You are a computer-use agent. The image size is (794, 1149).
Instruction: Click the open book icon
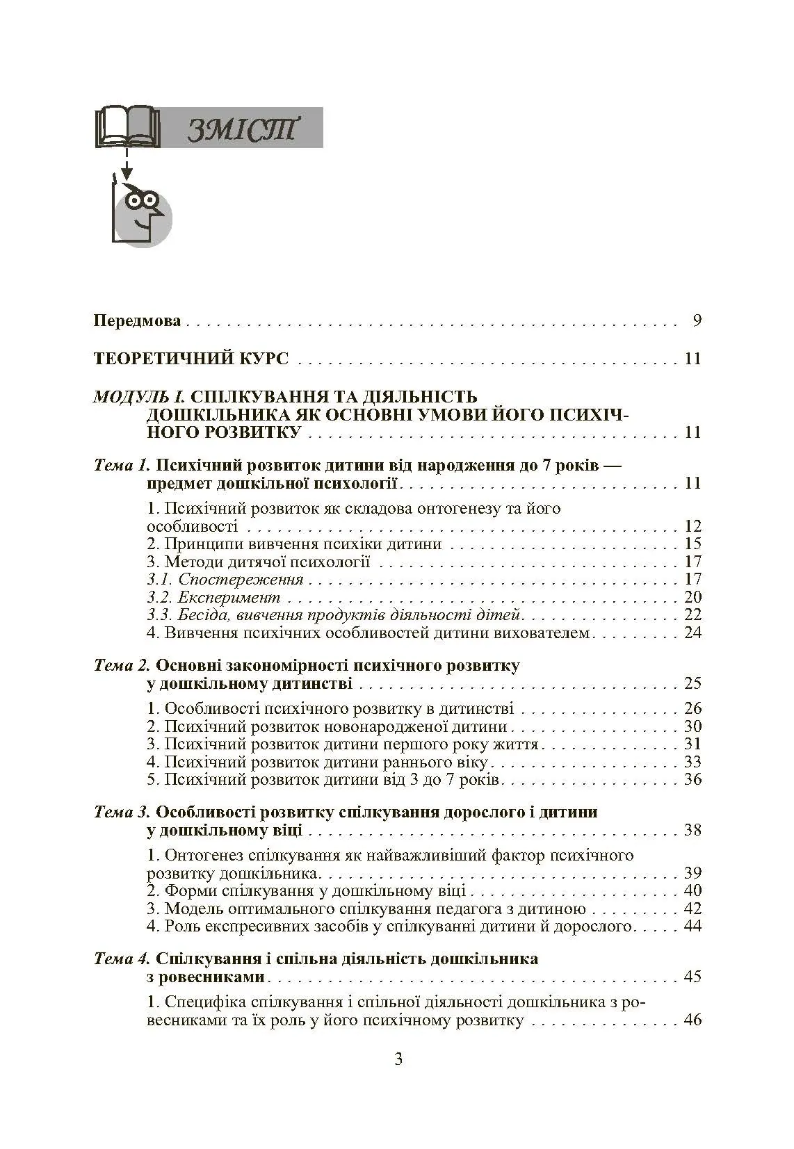click(127, 127)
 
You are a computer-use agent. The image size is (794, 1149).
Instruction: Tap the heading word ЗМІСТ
click(242, 129)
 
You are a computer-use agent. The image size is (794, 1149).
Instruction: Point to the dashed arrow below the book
click(127, 164)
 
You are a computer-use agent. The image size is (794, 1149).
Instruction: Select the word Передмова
click(138, 321)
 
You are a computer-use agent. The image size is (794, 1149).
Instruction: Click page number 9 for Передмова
click(697, 321)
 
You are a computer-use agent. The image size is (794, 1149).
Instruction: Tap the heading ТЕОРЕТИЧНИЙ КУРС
click(191, 359)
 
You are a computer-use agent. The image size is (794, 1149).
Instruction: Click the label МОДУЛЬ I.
click(138, 397)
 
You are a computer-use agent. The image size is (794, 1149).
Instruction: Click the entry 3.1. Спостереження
click(225, 579)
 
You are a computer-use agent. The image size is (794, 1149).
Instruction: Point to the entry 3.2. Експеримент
click(214, 597)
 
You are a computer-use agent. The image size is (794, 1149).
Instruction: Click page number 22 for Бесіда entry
click(692, 614)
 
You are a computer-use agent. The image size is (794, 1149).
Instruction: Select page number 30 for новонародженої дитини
click(692, 726)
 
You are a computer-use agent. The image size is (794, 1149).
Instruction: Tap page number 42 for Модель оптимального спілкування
click(692, 908)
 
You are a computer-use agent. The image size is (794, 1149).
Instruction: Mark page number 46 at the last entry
click(692, 1020)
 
